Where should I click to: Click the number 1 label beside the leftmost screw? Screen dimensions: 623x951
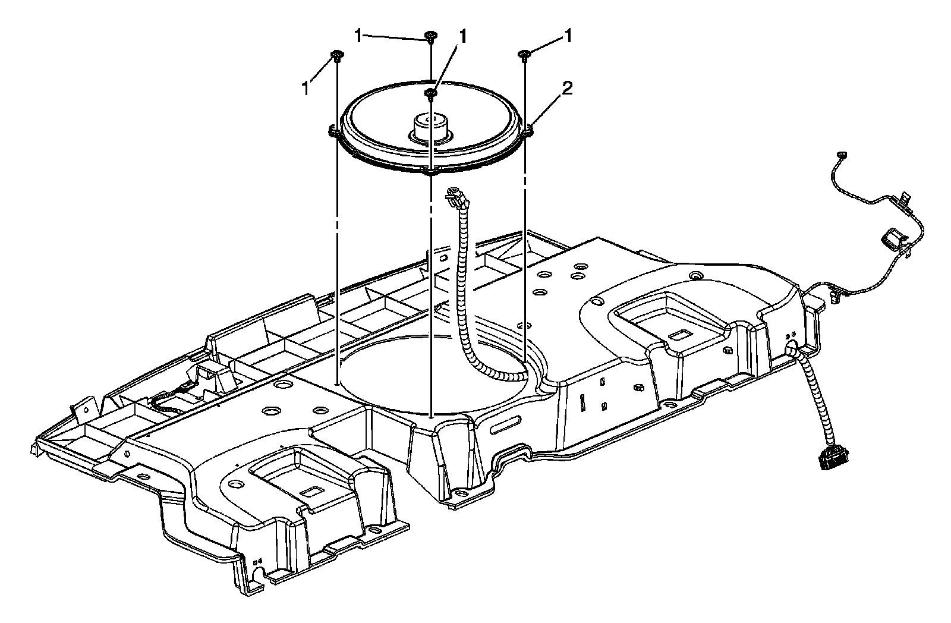[306, 88]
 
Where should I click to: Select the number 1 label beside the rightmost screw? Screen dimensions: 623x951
[568, 37]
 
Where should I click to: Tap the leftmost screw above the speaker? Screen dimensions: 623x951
[337, 56]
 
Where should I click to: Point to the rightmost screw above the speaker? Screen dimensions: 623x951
[525, 55]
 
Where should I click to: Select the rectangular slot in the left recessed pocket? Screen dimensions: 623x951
[311, 493]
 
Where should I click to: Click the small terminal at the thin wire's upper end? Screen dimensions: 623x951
[840, 155]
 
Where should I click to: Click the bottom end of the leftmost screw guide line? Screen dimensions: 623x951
[337, 385]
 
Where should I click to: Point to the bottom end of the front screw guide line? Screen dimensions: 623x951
[430, 414]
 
